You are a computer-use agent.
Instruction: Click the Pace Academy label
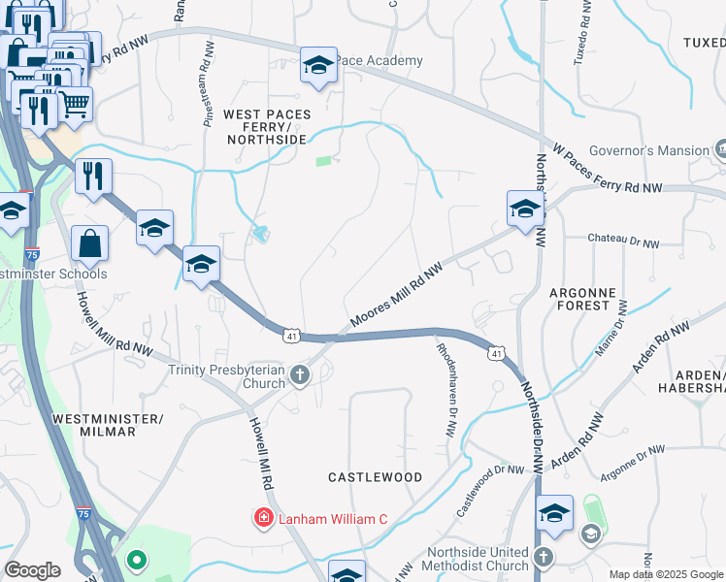pyautogui.click(x=380, y=61)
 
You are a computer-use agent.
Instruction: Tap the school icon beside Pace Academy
pyautogui.click(x=318, y=66)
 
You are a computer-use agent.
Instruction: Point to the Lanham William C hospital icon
pyautogui.click(x=263, y=519)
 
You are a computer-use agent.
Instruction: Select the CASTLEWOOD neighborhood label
pyautogui.click(x=375, y=477)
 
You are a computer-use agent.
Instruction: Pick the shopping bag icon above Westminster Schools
pyautogui.click(x=89, y=244)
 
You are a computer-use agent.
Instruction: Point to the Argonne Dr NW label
pyautogui.click(x=632, y=465)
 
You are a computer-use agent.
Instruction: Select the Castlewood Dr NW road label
pyautogui.click(x=489, y=491)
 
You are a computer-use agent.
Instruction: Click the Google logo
pyautogui.click(x=32, y=570)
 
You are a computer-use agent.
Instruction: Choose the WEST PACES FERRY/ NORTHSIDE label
pyautogui.click(x=267, y=127)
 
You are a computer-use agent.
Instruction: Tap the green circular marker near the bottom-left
pyautogui.click(x=137, y=560)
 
